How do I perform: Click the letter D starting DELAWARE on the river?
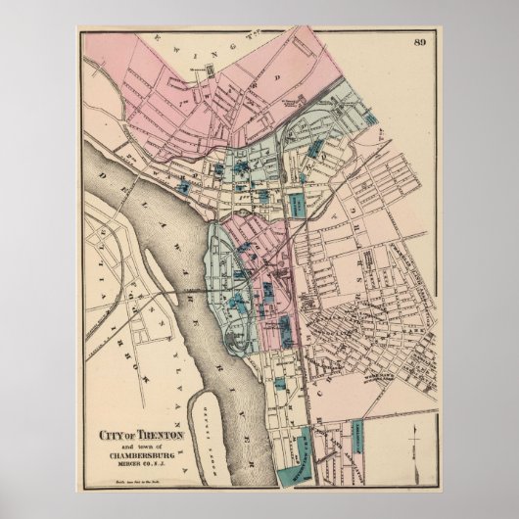(x=103, y=173)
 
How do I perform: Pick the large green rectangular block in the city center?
(x=294, y=206)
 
